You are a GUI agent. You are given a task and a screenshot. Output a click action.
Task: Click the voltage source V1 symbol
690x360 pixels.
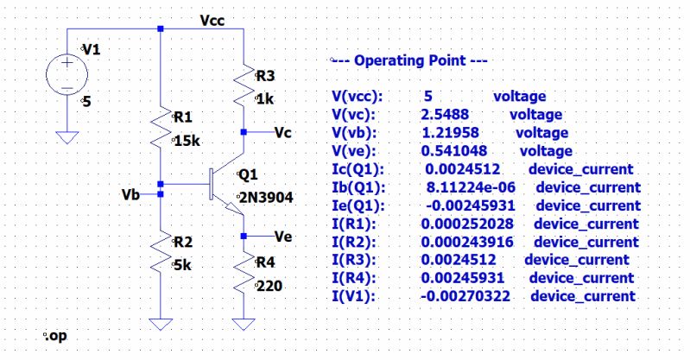point(66,74)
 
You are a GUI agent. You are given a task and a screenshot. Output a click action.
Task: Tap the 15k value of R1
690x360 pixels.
point(187,140)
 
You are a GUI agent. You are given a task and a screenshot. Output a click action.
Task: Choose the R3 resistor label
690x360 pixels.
point(268,76)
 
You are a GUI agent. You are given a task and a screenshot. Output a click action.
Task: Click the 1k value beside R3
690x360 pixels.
point(266,99)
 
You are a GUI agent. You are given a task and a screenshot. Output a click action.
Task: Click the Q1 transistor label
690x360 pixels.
point(248,174)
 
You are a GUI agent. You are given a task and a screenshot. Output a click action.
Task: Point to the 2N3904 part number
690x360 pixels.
point(265,198)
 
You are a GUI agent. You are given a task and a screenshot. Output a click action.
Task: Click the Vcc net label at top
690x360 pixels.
point(212,20)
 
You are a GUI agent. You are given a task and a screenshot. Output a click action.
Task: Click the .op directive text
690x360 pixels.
point(54,335)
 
